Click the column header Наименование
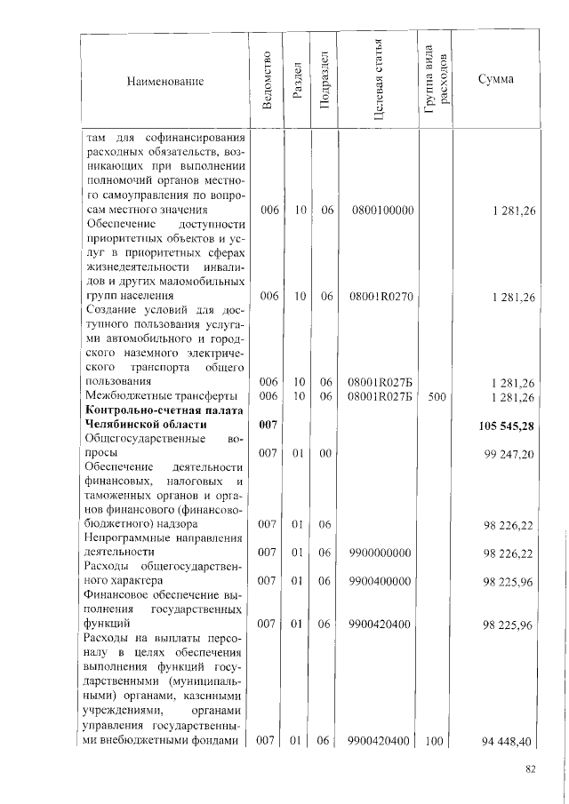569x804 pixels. [165, 82]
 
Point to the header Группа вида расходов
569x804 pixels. [436, 81]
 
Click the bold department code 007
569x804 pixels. [269, 426]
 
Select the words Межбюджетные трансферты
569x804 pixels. [159, 395]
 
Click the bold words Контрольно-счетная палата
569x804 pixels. [160, 410]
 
